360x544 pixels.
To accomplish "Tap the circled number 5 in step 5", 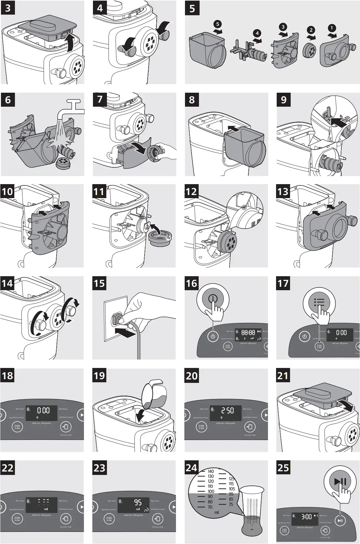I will (x=218, y=24).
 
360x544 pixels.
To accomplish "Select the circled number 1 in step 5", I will (x=332, y=28).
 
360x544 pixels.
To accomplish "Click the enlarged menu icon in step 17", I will (x=319, y=302).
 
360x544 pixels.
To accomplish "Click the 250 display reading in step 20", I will (x=227, y=410).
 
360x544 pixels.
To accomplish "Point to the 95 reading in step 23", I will (x=138, y=502).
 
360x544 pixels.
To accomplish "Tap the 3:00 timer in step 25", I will (x=306, y=517).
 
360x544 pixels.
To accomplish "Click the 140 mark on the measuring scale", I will (x=211, y=472).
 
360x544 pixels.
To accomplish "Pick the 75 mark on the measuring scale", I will (x=231, y=504).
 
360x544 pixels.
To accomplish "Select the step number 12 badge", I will (x=191, y=191).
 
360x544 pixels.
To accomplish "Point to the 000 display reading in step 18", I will (x=43, y=410).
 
